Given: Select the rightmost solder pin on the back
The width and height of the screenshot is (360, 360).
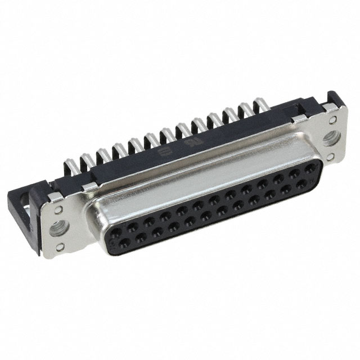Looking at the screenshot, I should pyautogui.click(x=260, y=103).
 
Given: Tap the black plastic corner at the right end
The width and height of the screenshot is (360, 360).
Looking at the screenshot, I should pyautogui.click(x=336, y=101).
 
